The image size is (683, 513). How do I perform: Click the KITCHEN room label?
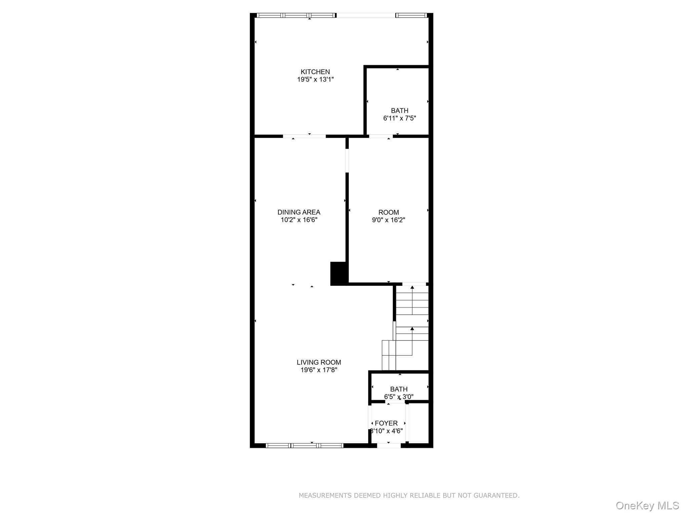pos(315,72)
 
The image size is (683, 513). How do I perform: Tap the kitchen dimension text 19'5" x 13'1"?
pos(315,79)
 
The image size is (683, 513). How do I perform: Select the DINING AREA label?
pos(299,212)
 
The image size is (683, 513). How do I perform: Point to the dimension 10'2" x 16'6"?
pos(299,220)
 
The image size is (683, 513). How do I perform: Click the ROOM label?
pos(389,212)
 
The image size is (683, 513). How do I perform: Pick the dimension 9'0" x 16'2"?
pos(389,220)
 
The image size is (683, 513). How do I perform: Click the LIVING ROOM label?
pos(319,362)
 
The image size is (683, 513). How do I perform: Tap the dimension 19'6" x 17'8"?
pos(319,370)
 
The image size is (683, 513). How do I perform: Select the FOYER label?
pos(386,423)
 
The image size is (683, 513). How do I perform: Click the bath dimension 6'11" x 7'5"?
pos(400,118)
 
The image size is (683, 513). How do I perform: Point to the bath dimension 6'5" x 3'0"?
pos(399,397)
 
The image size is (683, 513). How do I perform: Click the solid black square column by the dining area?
pos(338,274)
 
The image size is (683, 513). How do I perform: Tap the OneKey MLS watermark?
pos(647,506)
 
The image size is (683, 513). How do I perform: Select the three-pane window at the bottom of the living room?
pos(304,445)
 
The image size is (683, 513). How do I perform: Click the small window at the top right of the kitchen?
pos(411,15)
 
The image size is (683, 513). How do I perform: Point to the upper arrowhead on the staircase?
pos(412,287)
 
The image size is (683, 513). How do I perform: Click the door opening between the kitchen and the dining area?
pos(304,136)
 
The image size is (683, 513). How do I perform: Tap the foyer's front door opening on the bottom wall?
pos(389,445)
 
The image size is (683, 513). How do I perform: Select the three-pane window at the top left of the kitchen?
pos(296,15)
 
